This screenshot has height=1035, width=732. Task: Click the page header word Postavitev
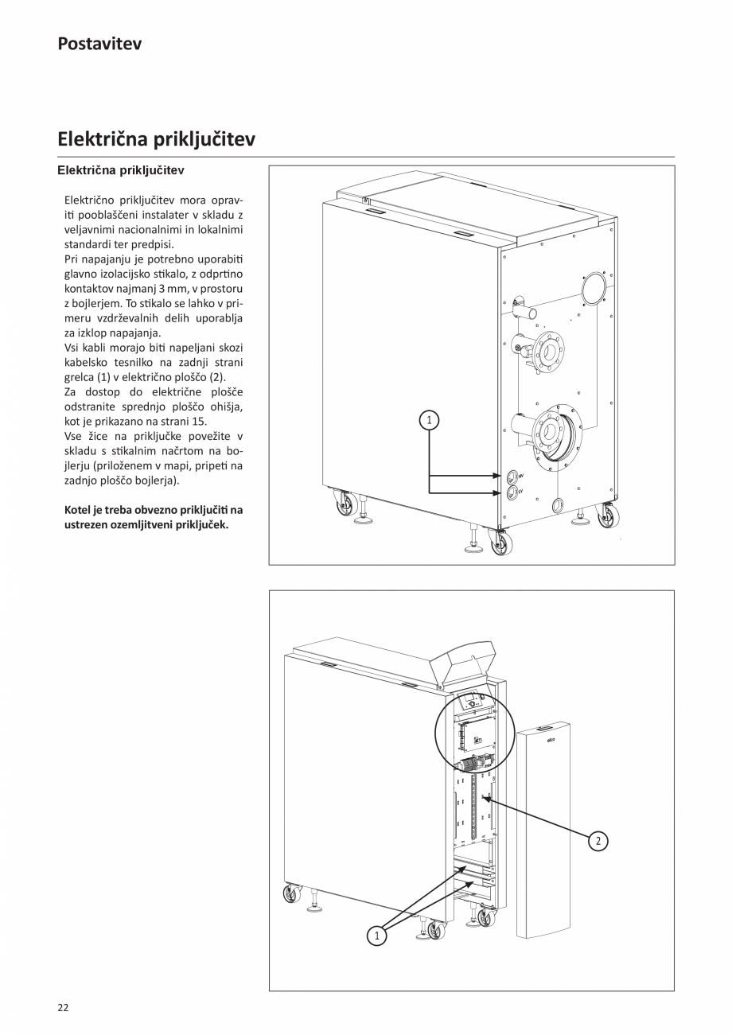click(99, 44)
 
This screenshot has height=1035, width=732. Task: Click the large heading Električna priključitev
click(156, 139)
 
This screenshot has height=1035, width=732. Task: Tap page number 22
click(63, 1007)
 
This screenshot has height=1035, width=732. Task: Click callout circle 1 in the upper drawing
click(429, 419)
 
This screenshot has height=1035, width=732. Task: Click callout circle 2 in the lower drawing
click(598, 840)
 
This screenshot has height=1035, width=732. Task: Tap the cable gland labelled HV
click(512, 477)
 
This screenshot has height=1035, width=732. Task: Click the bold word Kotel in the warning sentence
click(77, 510)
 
